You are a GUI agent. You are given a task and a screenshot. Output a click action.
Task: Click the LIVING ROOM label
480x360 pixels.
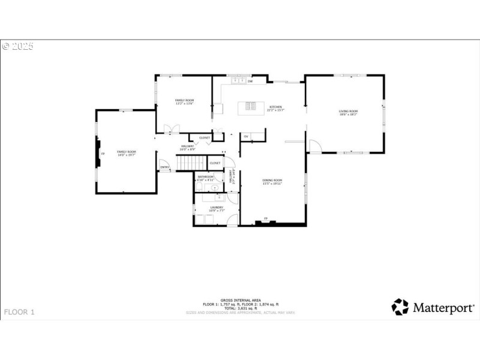pos(348,111)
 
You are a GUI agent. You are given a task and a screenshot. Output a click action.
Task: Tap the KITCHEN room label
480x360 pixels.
pos(275,107)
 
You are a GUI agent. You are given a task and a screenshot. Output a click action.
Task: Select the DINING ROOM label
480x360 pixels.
pos(272,180)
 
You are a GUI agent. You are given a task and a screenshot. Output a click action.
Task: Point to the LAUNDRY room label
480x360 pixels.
pos(217,207)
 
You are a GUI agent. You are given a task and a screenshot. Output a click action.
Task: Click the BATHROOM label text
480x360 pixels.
pos(206,176)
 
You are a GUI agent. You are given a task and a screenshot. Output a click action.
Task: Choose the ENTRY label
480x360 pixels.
pos(164,167)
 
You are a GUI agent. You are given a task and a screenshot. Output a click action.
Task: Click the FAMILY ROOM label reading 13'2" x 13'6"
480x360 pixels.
pos(185,100)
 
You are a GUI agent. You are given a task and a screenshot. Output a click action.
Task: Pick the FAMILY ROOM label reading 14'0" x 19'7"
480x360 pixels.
pos(127,152)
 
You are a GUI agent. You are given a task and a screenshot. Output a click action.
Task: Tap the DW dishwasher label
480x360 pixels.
pos(250,80)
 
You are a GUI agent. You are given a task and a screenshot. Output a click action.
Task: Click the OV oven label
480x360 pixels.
pos(246,137)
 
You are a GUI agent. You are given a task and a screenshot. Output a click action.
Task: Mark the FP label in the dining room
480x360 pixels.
pos(265,218)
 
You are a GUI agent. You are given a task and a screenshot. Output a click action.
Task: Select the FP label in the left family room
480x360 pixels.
pos(103,154)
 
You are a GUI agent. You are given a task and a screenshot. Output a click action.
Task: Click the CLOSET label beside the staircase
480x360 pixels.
pos(215,163)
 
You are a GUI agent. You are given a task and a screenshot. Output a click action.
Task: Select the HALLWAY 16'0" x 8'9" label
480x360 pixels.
pos(187,147)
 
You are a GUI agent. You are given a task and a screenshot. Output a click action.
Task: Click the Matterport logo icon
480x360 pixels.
pos(400,307)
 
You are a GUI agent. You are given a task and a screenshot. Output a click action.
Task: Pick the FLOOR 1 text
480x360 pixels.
pos(20,312)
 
